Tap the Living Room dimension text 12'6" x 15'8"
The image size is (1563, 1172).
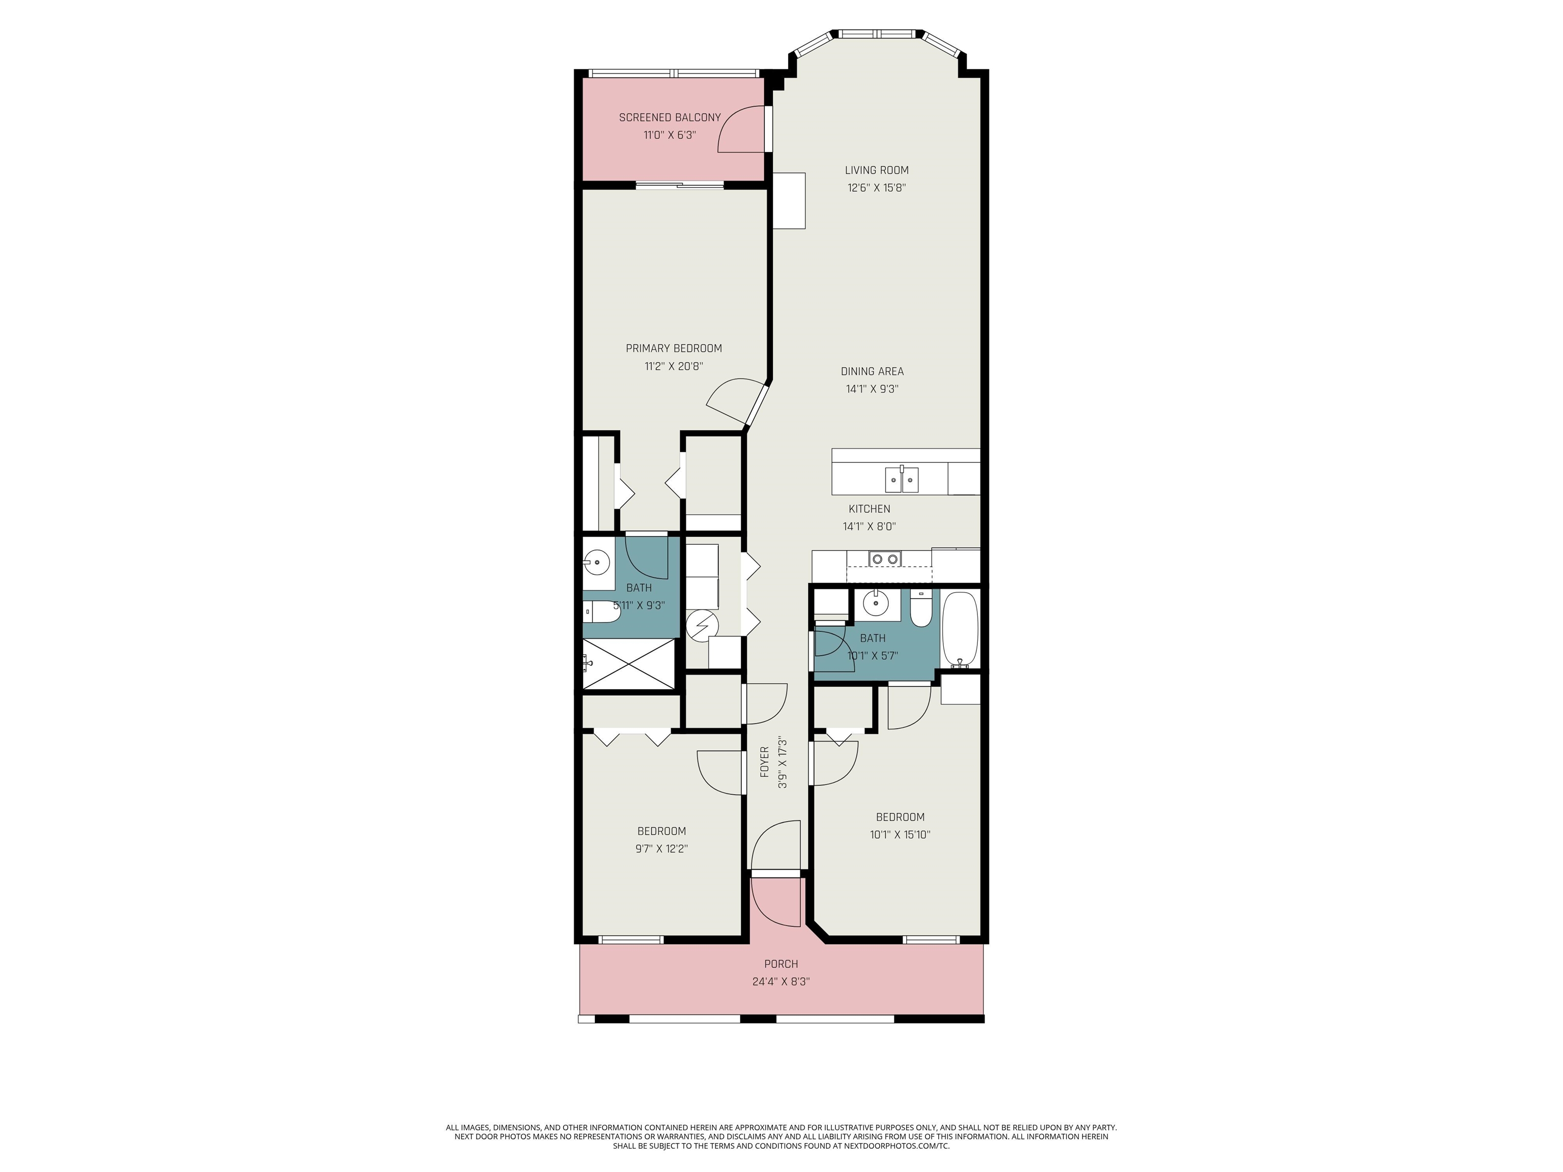877,188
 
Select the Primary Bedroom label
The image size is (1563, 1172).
674,348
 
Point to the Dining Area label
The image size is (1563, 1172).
872,372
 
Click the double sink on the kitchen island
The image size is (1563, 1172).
902,479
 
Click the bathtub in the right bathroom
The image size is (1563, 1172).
960,629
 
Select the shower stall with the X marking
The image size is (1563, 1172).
629,663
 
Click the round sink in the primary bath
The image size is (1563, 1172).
598,564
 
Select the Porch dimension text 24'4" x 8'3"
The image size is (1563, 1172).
781,982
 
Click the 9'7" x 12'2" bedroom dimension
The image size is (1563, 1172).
661,849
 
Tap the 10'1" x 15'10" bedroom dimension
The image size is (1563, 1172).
900,834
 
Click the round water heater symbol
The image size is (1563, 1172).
702,625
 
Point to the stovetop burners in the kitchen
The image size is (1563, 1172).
885,559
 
